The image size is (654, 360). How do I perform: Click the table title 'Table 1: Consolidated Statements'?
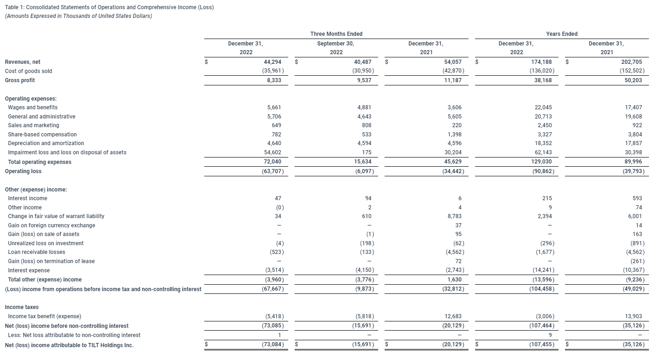click(x=109, y=8)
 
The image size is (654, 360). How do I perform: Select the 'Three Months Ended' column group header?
click(x=336, y=34)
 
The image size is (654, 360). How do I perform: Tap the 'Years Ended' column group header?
click(x=562, y=34)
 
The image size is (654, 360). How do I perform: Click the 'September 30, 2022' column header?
click(x=336, y=48)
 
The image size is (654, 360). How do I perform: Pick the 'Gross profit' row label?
click(x=20, y=80)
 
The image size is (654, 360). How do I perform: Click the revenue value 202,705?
click(x=632, y=62)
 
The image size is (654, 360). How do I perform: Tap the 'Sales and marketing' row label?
click(x=34, y=125)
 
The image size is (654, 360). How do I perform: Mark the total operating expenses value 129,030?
click(x=542, y=162)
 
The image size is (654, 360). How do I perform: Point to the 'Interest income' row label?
click(x=28, y=198)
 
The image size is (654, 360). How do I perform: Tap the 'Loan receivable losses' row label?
click(x=37, y=252)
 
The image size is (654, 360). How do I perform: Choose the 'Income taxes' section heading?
click(x=22, y=307)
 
